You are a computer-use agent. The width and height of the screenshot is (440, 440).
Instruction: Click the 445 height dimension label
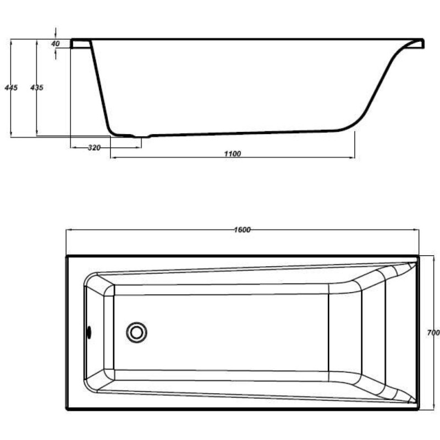[x=11, y=87]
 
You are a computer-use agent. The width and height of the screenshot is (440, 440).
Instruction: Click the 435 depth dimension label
[x=37, y=87]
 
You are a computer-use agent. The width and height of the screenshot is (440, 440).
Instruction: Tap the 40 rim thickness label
[x=56, y=44]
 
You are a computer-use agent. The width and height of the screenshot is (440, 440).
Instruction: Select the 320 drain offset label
[x=94, y=147]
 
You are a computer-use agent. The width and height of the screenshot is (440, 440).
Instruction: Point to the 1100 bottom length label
[x=233, y=154]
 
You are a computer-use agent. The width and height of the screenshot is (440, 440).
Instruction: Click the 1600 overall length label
[x=242, y=230]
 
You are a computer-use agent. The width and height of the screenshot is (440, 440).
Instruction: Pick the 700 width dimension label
[x=433, y=333]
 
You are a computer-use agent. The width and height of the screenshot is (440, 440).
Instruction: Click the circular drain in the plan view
[x=136, y=333]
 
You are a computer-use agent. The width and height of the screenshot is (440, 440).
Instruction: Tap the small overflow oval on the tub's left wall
[x=89, y=333]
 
